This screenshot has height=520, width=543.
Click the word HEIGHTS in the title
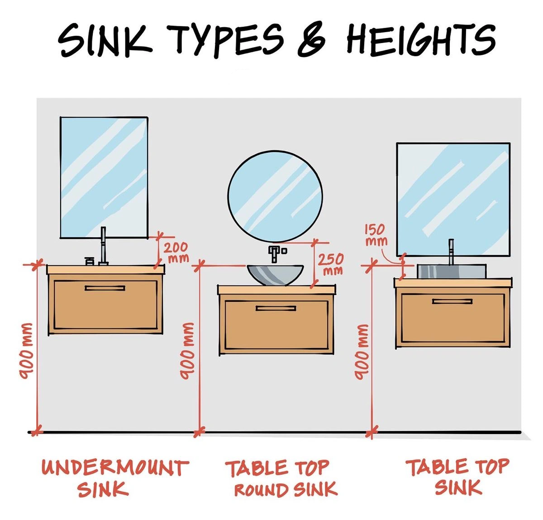[x=421, y=40]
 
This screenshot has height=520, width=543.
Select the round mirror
[x=275, y=196]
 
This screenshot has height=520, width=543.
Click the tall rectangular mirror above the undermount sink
[x=104, y=177]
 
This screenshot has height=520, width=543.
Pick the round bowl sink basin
[x=275, y=275]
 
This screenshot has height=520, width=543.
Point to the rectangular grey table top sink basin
[x=452, y=271]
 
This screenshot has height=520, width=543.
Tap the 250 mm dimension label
[x=331, y=264]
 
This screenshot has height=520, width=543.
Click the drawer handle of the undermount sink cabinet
[x=105, y=288]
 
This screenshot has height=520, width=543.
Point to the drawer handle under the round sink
[x=276, y=308]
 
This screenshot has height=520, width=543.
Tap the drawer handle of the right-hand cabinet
[x=452, y=301]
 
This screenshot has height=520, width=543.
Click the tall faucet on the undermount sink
[x=103, y=246]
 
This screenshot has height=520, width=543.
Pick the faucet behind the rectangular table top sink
[x=451, y=252]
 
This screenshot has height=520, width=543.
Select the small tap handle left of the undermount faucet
[x=90, y=261]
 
